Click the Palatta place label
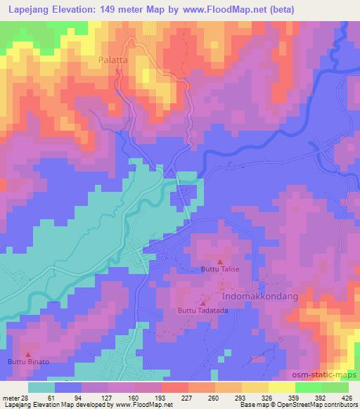pyautogui.click(x=112, y=61)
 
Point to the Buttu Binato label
pyautogui.click(x=28, y=362)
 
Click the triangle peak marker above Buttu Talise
pyautogui.click(x=219, y=261)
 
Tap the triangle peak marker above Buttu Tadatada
pyautogui.click(x=205, y=303)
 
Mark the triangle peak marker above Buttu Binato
pyautogui.click(x=28, y=353)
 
